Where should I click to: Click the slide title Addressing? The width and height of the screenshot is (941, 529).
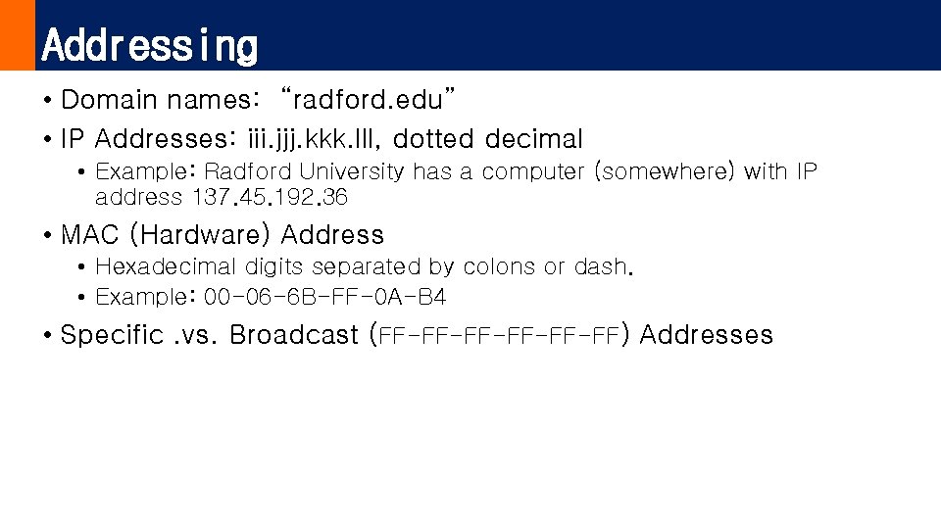150,45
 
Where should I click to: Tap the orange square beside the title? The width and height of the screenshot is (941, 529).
17,35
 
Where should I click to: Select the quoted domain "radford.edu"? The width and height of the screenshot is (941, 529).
368,100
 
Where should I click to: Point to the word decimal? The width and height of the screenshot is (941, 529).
534,139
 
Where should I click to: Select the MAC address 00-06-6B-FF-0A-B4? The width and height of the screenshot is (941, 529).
324,297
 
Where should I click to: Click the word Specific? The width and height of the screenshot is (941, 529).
112,335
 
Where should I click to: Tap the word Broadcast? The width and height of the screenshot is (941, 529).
294,335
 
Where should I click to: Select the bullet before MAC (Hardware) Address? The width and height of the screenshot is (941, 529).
47,236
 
